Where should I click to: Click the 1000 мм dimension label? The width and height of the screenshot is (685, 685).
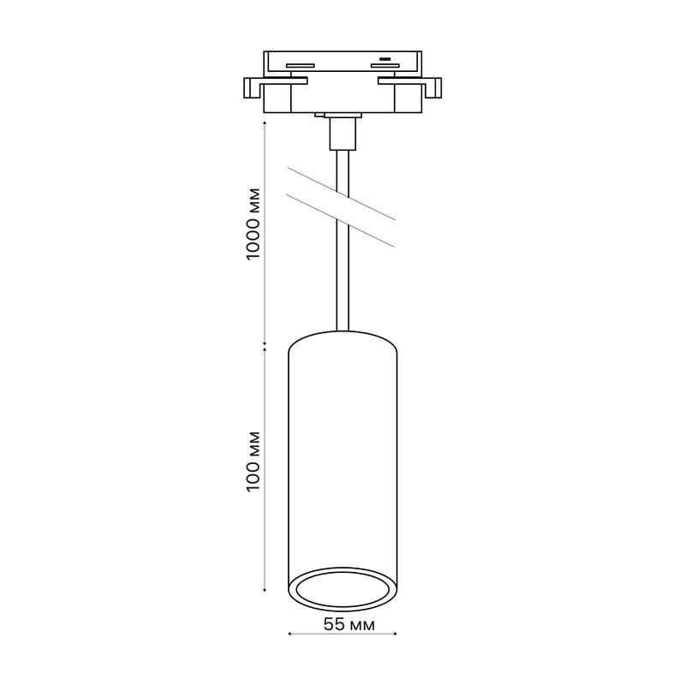pyautogui.click(x=253, y=224)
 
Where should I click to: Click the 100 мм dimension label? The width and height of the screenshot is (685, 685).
pyautogui.click(x=253, y=462)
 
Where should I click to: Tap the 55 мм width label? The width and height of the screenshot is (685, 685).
pyautogui.click(x=349, y=625)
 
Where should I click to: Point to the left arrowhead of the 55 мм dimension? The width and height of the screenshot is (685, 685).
pyautogui.click(x=289, y=634)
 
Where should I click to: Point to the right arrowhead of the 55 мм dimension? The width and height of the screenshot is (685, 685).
pyautogui.click(x=396, y=634)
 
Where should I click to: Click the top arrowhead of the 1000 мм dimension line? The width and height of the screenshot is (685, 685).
pyautogui.click(x=265, y=124)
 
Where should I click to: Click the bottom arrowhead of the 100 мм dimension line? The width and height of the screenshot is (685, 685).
pyautogui.click(x=265, y=590)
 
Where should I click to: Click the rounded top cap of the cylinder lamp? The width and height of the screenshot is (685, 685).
pyautogui.click(x=343, y=337)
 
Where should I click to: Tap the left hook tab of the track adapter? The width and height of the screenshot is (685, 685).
pyautogui.click(x=253, y=88)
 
